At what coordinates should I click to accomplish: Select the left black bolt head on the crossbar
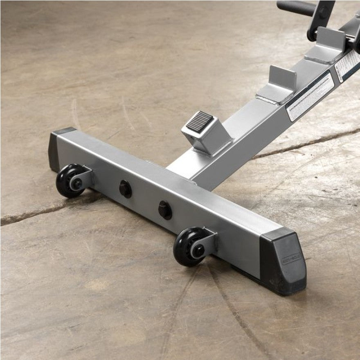click(125, 189)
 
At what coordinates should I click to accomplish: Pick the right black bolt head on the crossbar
click(165, 209)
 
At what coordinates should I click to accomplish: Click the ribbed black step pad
click(200, 122)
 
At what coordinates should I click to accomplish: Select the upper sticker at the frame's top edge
click(347, 65)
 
